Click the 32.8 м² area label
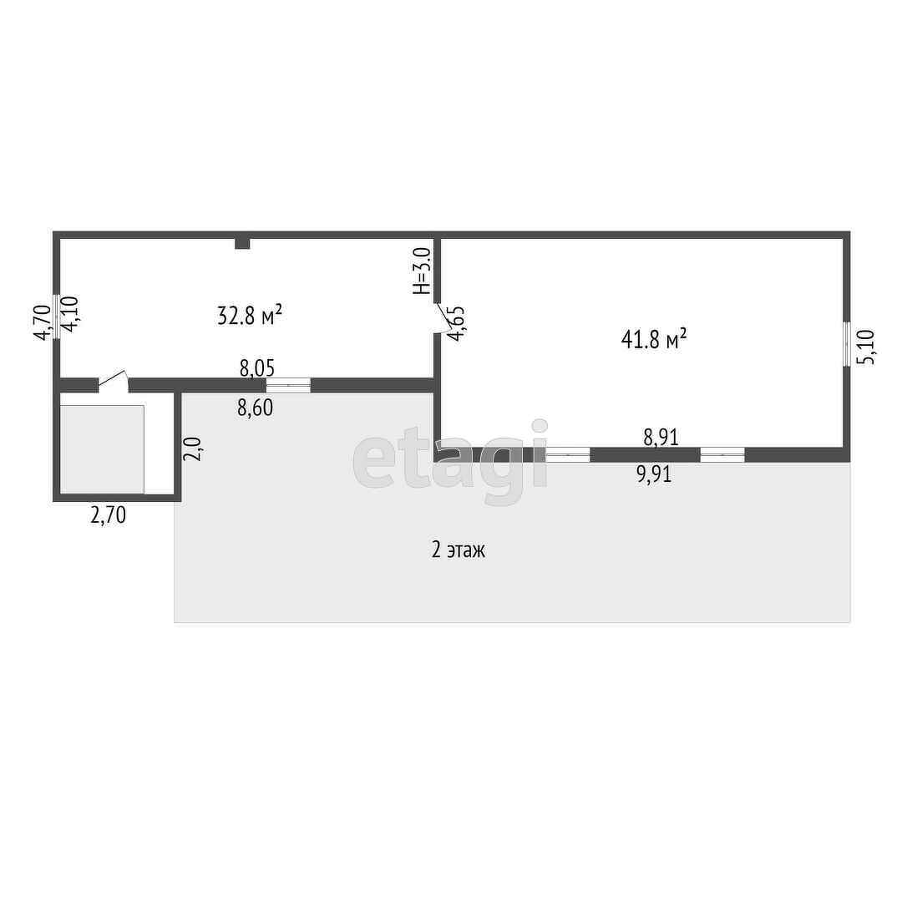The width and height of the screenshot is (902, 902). click(249, 316)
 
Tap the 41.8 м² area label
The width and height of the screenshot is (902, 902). click(654, 338)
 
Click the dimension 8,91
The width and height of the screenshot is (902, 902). click(661, 436)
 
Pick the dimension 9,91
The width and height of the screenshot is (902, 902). click(654, 475)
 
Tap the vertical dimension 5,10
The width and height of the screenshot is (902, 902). click(867, 346)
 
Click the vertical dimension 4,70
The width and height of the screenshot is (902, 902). click(41, 322)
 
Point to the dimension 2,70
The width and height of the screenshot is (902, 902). click(108, 515)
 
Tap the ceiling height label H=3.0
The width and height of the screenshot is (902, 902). click(422, 271)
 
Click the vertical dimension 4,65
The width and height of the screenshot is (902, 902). click(456, 324)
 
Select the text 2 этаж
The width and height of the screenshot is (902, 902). click(458, 550)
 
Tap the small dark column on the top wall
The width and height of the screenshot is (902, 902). click(242, 243)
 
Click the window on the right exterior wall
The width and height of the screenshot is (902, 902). click(847, 344)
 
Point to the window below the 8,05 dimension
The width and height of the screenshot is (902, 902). click(288, 385)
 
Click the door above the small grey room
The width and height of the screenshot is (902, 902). click(113, 383)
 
